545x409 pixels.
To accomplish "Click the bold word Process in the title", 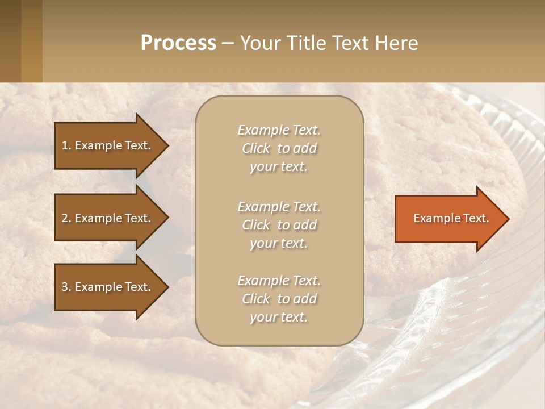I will click(x=178, y=43).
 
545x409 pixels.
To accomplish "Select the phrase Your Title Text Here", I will click(x=329, y=43).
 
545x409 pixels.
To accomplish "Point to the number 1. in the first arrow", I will click(x=66, y=145).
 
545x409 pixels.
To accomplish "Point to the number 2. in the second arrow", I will click(x=66, y=218).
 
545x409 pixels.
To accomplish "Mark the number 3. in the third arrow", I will click(x=66, y=287).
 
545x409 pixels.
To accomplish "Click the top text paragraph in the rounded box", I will click(x=279, y=148).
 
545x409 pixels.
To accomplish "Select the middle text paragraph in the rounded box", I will click(x=279, y=225).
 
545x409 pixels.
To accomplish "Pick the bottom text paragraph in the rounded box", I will click(x=279, y=299).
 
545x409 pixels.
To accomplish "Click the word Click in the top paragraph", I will click(x=256, y=148).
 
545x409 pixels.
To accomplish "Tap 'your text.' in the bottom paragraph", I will click(x=279, y=317).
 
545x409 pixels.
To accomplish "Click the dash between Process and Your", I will click(x=228, y=43).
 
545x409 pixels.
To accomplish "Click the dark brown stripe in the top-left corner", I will click(x=10, y=41).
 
